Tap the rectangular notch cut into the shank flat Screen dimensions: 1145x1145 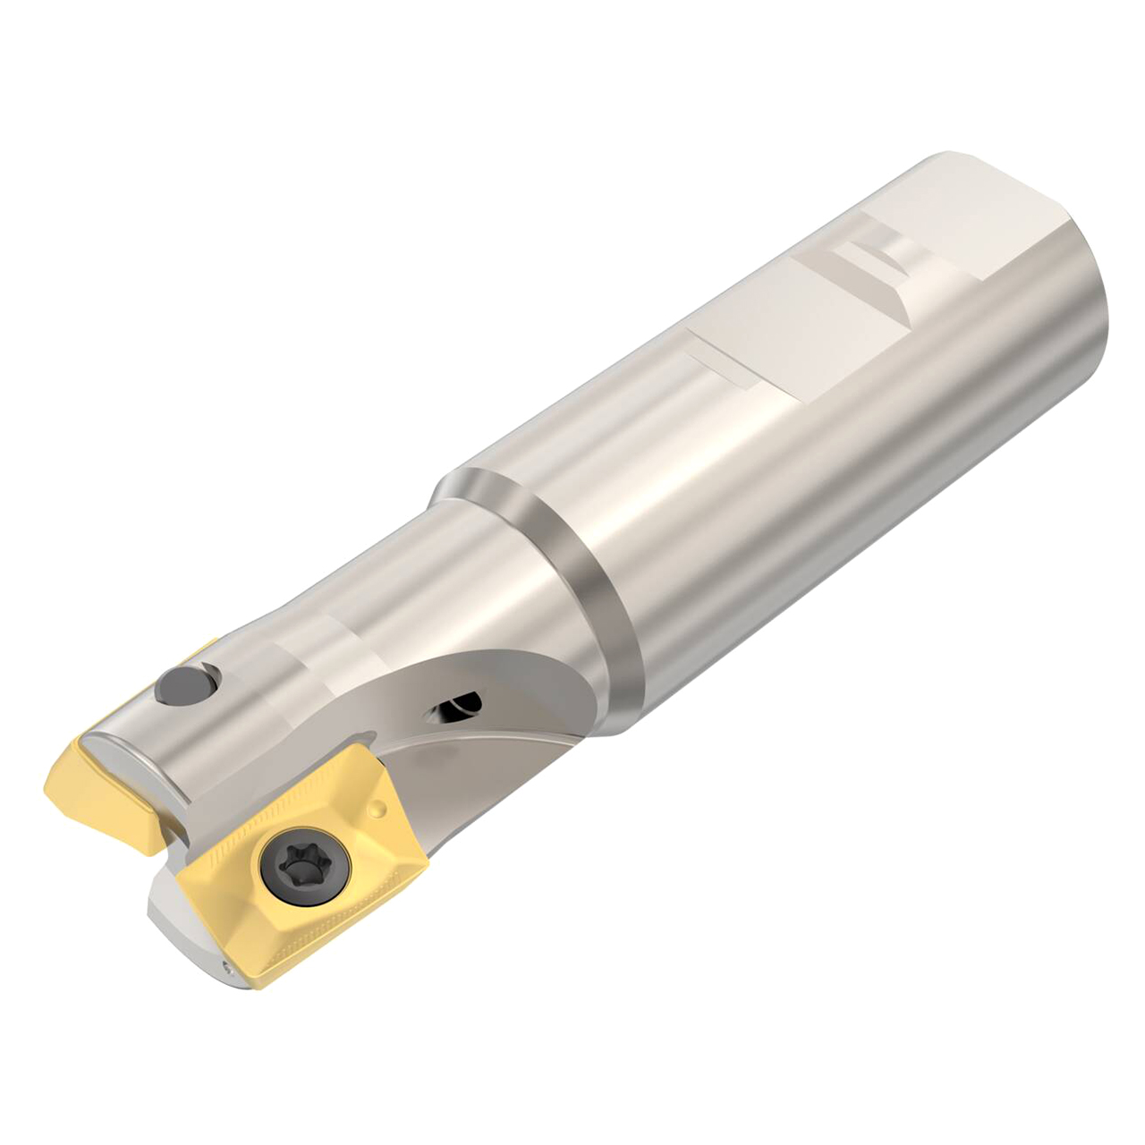point(872,255)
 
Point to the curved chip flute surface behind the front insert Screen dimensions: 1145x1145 point(465,769)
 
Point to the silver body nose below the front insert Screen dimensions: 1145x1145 point(179,930)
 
